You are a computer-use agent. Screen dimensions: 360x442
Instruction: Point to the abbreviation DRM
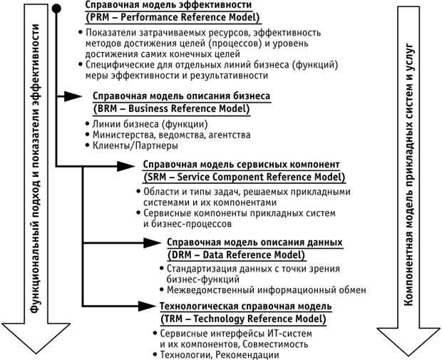180,254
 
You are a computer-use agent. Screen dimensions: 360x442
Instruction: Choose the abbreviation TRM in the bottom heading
173,318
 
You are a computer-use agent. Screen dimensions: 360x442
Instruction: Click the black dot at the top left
56,7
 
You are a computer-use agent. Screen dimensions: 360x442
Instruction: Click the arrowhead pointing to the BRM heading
74,97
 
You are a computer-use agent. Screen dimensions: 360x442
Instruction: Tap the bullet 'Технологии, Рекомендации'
210,354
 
